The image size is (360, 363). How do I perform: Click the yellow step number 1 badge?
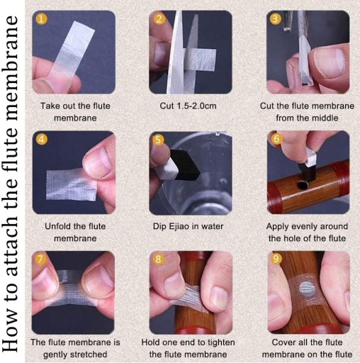tap(41, 19)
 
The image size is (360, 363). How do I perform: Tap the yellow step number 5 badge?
tap(158, 140)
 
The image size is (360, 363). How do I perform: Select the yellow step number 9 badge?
tap(276, 259)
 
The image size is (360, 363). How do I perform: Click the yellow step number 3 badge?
tap(275, 19)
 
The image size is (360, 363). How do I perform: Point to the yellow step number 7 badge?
tap(40, 259)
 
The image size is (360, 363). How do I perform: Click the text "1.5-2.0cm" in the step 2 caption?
tap(196, 106)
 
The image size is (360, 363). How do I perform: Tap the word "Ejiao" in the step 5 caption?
tap(179, 226)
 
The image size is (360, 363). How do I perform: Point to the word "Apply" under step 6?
tap(277, 227)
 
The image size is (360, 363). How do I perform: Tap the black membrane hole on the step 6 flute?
tap(303, 185)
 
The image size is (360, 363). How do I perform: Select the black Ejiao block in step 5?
tap(185, 164)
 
